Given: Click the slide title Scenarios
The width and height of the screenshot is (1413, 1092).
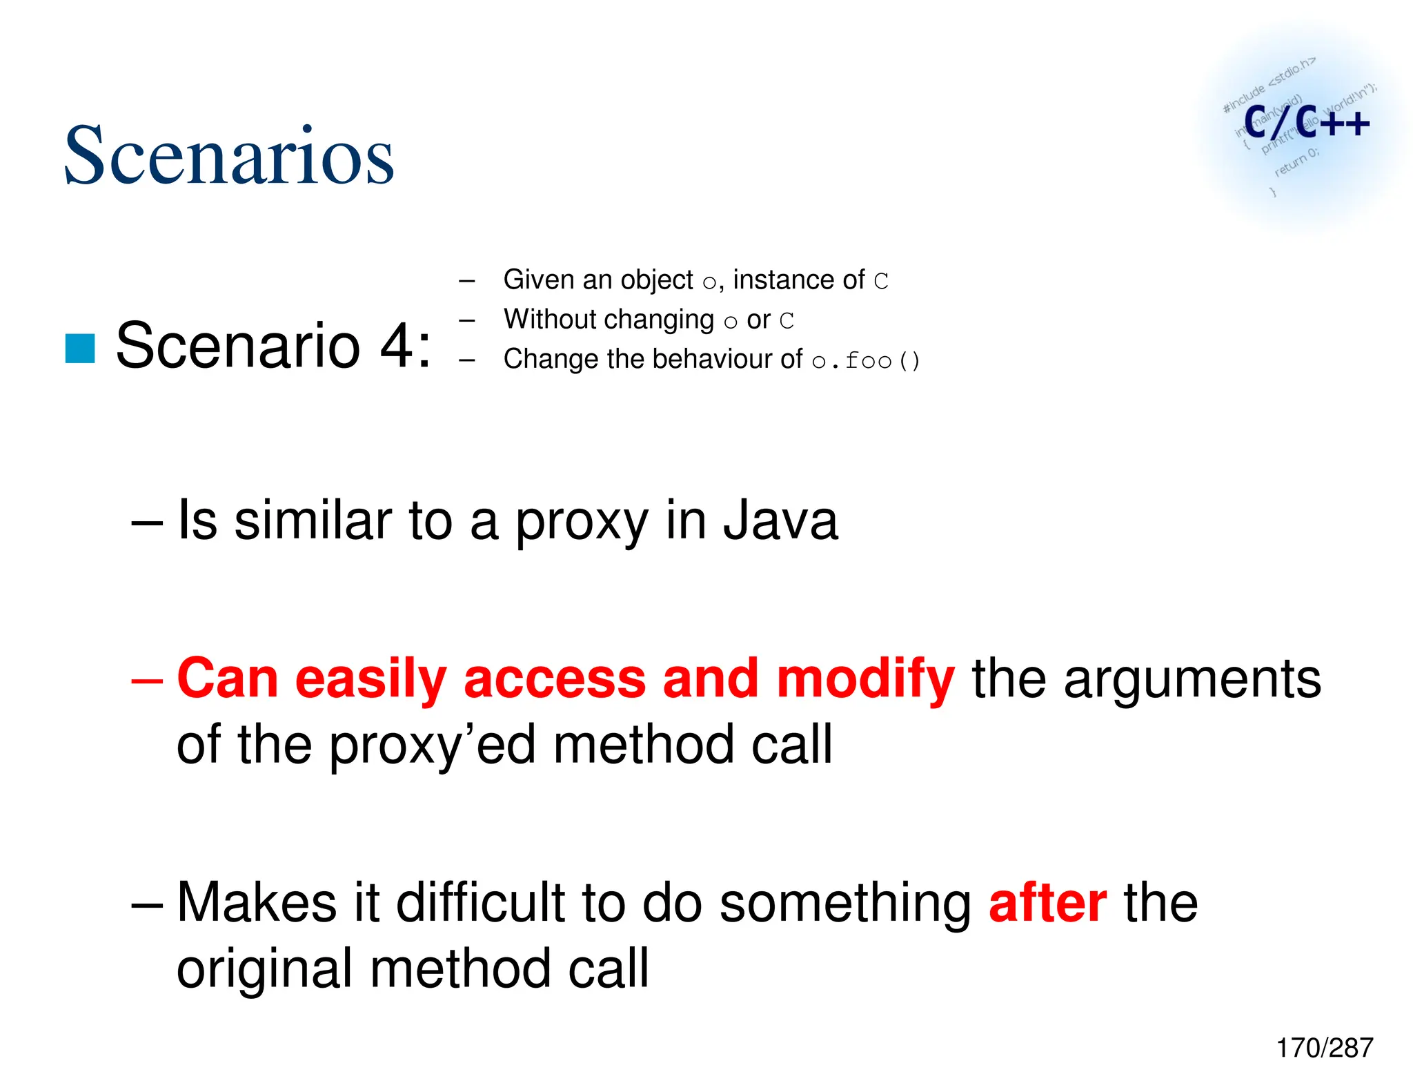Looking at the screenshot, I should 228,156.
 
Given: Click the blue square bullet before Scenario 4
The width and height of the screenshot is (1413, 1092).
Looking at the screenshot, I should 80,348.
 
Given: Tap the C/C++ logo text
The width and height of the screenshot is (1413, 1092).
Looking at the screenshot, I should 1306,124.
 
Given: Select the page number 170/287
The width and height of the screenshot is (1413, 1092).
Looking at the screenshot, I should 1324,1048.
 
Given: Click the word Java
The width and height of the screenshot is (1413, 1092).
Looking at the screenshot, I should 780,521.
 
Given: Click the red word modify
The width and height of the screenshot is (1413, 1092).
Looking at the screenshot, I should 865,679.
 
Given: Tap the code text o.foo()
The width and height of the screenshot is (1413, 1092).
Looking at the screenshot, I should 866,360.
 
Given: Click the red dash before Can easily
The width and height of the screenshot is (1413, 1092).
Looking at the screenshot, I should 147,679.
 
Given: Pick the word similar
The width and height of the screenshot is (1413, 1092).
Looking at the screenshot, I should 313,521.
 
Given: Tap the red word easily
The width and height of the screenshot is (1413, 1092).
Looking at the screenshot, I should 371,679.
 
